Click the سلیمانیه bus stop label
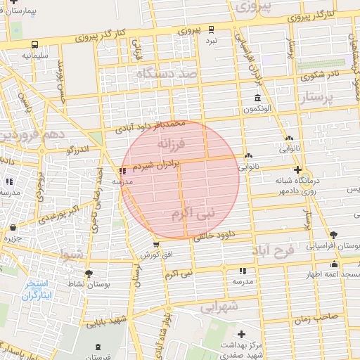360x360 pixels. (34, 54)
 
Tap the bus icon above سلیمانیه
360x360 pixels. (34, 44)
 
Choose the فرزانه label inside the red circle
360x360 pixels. (171, 143)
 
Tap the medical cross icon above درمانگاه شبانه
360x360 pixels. (298, 170)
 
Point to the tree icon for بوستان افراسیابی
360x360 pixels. (333, 236)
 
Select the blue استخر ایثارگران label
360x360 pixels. (39, 289)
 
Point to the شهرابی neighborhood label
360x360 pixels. (220, 307)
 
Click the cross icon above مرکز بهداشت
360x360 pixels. (243, 334)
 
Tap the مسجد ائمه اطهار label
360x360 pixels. (335, 273)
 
